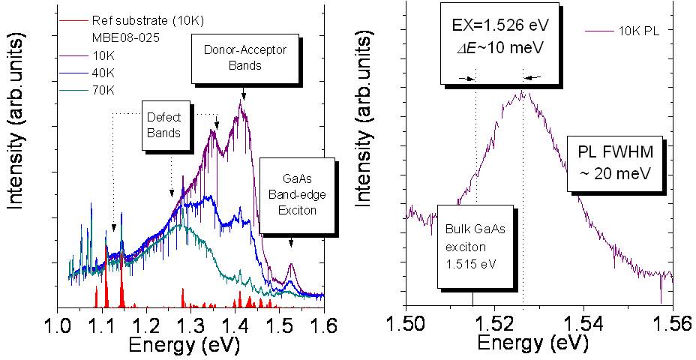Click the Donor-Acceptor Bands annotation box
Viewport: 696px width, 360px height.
[x=232, y=58]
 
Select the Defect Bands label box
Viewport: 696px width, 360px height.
[x=163, y=125]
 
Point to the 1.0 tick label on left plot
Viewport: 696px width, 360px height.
[x=58, y=325]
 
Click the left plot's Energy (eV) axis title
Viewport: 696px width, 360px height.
[x=190, y=346]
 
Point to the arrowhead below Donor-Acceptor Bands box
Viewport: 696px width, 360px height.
[x=243, y=95]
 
